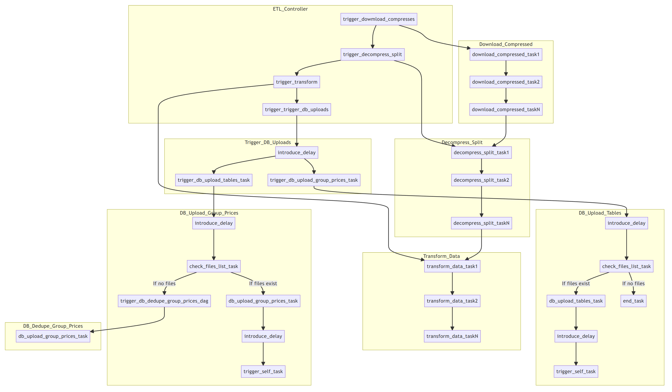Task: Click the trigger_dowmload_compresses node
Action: [379, 19]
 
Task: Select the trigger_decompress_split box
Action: [372, 54]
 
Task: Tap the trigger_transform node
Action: [296, 82]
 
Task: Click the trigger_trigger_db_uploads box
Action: [296, 109]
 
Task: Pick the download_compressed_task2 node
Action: [506, 82]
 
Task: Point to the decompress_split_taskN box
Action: [481, 223]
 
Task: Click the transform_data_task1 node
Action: [452, 266]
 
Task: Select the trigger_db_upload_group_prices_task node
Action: [314, 180]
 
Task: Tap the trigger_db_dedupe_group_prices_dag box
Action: [164, 301]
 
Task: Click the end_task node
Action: [633, 301]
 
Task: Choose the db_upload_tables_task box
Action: [576, 301]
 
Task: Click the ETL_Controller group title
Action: [290, 9]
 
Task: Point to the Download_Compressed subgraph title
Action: [506, 44]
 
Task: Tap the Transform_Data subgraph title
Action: [441, 256]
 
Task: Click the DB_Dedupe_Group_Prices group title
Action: [53, 326]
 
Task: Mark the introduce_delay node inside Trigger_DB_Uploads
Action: [296, 152]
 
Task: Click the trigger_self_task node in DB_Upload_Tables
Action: [576, 371]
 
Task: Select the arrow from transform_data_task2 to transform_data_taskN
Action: [452, 319]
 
